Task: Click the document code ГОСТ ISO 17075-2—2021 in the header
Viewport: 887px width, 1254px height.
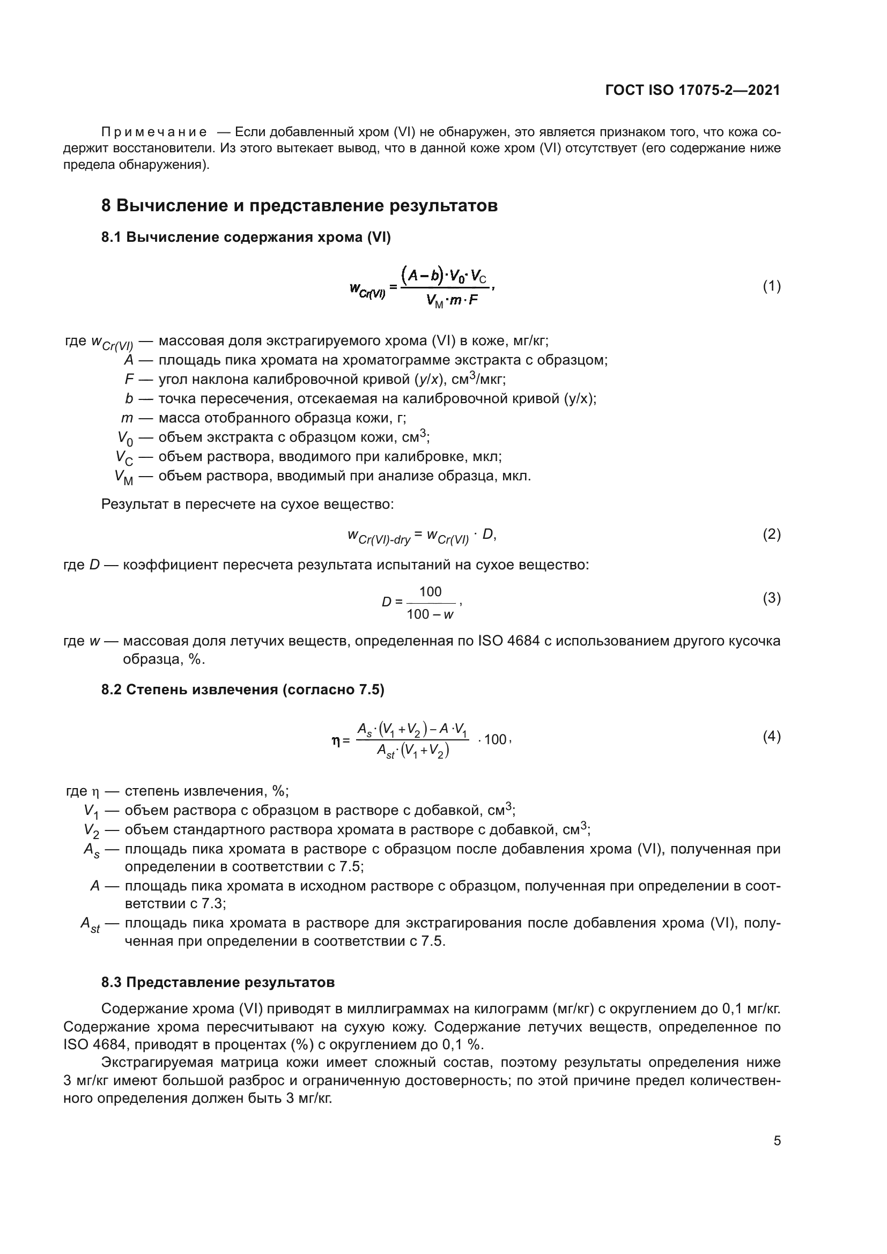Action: (x=692, y=90)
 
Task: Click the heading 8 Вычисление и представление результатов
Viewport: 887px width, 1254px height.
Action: (x=299, y=206)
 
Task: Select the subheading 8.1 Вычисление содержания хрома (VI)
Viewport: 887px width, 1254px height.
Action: (x=246, y=238)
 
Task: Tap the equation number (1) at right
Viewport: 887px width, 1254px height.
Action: (x=771, y=286)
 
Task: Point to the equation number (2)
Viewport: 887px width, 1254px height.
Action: (x=771, y=534)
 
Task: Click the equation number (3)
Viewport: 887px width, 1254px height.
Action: (x=771, y=598)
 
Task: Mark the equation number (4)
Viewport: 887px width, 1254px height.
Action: (x=771, y=737)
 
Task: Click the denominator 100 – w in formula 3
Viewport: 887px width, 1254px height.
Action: (x=430, y=614)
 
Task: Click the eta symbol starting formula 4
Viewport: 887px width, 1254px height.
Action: (x=336, y=740)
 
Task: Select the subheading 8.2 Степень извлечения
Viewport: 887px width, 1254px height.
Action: (x=242, y=690)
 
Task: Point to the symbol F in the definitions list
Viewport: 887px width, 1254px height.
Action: (x=129, y=380)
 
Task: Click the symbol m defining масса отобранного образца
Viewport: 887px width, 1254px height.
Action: (x=127, y=418)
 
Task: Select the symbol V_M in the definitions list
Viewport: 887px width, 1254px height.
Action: (x=123, y=477)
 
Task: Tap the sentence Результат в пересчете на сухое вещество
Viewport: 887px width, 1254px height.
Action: (x=247, y=504)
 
